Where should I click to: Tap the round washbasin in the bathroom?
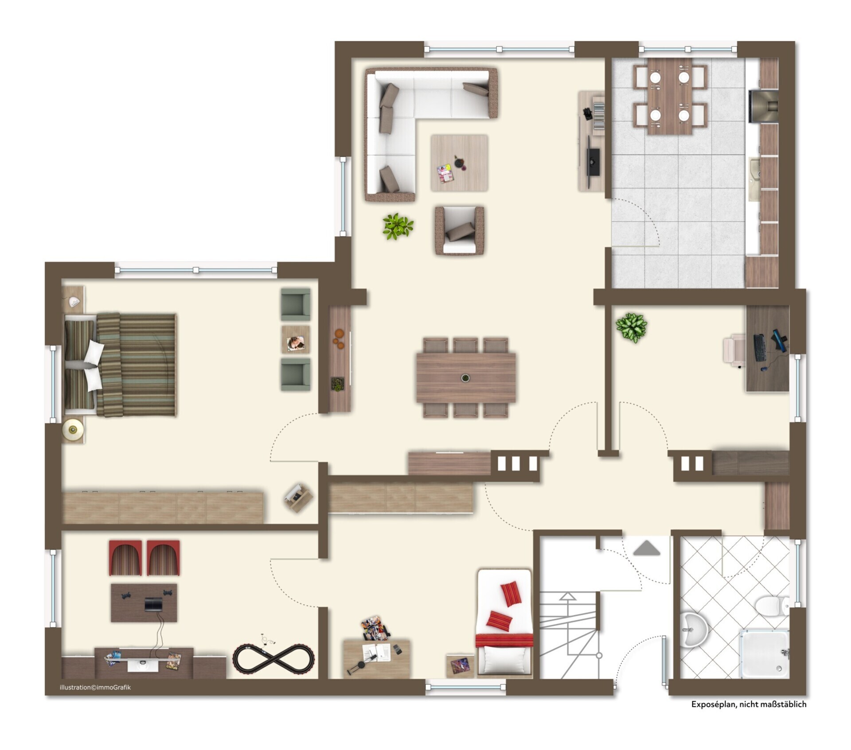click(692, 630)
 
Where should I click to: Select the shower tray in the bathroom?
click(764, 653)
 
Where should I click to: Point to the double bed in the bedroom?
click(120, 365)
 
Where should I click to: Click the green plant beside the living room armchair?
click(398, 226)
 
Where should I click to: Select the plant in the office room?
click(631, 327)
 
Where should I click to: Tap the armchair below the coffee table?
click(459, 230)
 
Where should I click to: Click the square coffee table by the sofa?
click(459, 163)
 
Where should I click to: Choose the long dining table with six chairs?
click(466, 377)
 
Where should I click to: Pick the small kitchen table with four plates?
click(670, 97)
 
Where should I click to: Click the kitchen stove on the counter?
click(764, 106)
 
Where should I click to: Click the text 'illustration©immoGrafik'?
click(95, 688)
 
